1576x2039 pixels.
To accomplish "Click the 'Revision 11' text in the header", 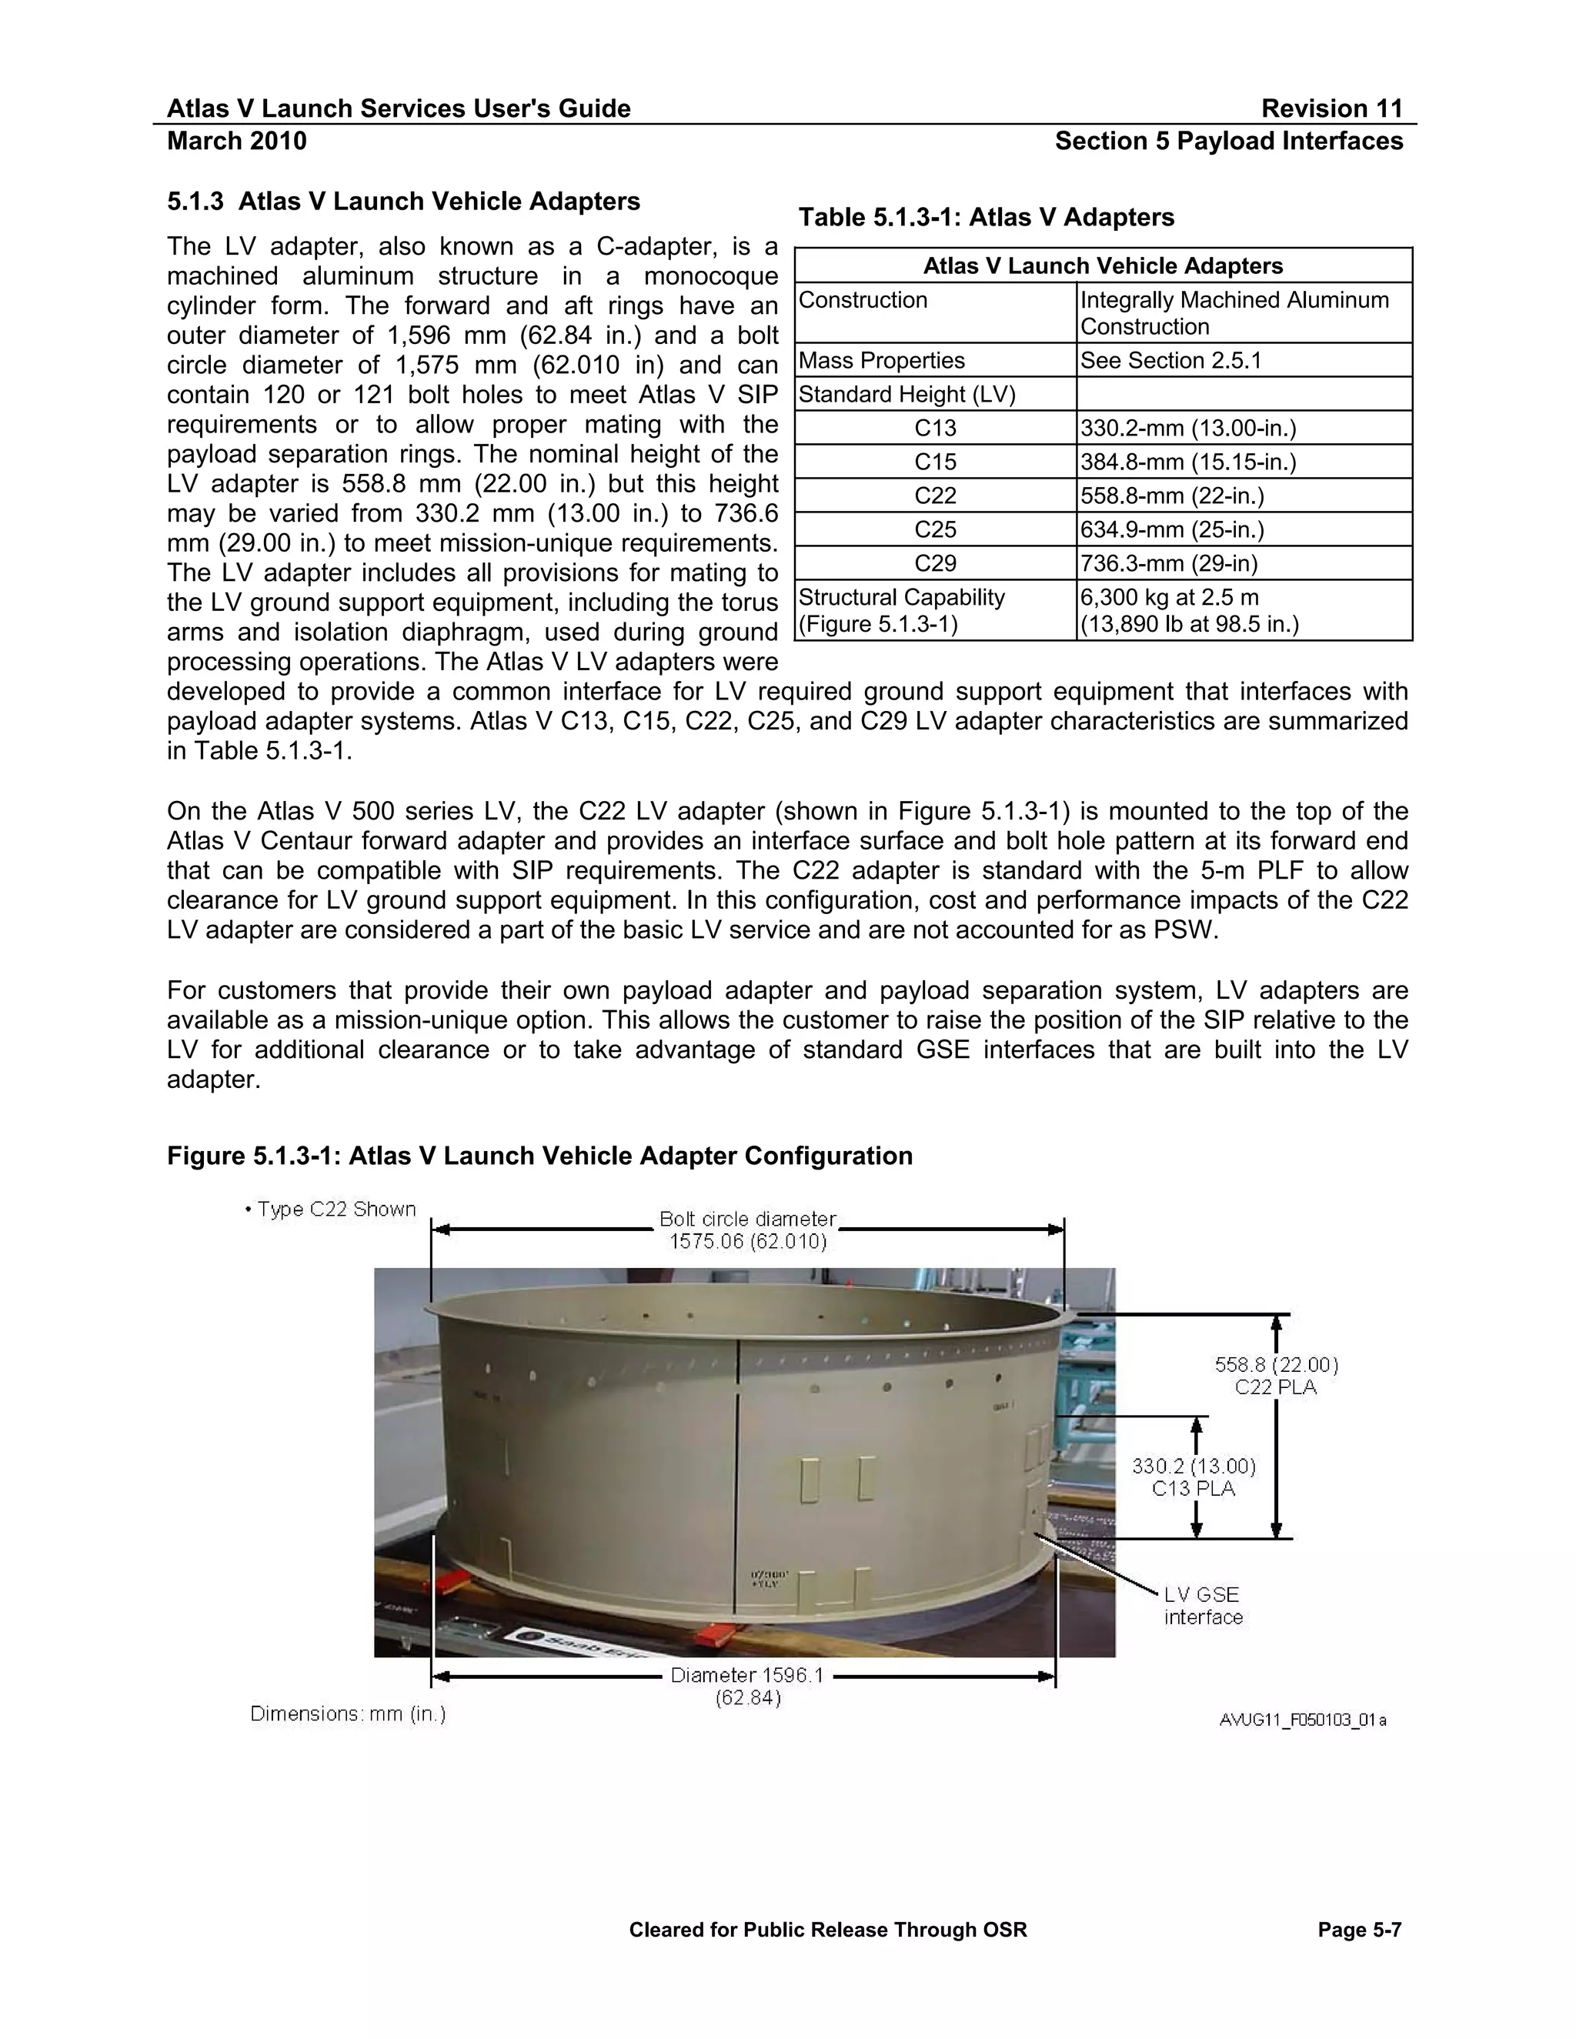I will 1331,108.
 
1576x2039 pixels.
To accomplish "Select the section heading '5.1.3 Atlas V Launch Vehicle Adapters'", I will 403,202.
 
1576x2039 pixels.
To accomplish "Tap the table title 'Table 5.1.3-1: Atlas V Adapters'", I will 986,218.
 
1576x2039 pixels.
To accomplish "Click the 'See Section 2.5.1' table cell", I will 1170,360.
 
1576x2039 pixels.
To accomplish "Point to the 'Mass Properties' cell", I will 881,360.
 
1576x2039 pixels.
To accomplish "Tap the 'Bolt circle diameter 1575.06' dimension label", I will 748,1230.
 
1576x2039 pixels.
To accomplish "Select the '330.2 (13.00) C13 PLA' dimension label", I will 1194,1477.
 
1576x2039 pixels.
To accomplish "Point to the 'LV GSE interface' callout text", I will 1203,1606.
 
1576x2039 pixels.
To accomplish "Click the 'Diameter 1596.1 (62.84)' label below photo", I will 747,1686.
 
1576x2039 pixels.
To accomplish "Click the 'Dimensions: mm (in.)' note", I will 347,1714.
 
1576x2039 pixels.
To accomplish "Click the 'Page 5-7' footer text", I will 1360,1930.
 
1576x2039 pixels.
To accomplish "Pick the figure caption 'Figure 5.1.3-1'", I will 539,1156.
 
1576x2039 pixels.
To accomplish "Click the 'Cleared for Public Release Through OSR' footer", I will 827,1930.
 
